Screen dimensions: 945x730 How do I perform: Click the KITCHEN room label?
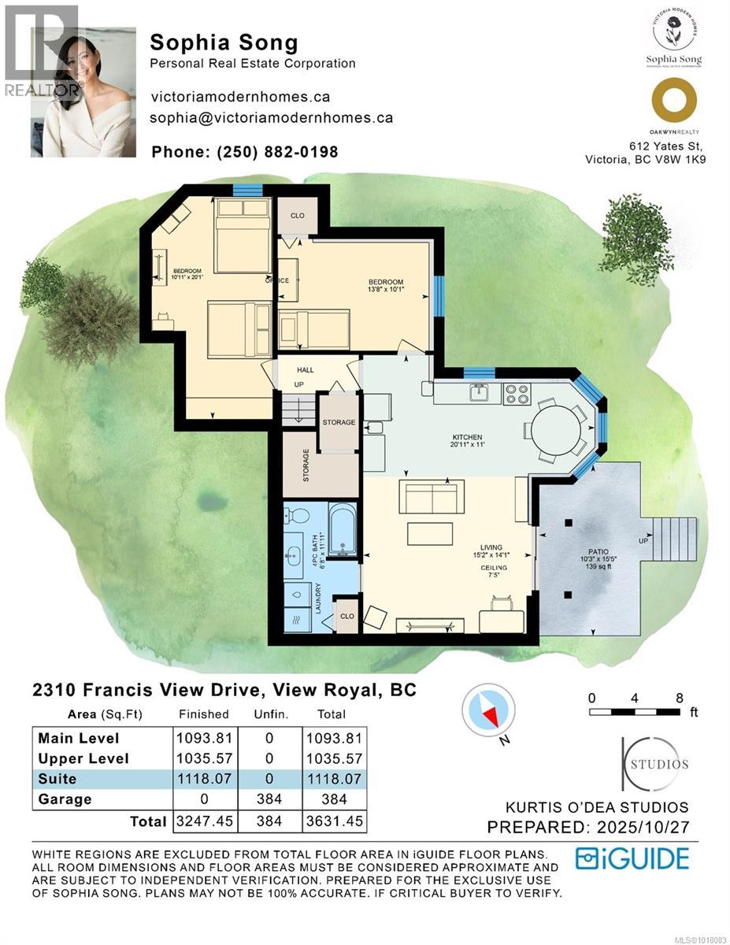point(466,437)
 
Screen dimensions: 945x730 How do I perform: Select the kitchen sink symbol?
point(478,391)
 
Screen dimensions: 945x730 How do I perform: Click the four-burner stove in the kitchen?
point(517,392)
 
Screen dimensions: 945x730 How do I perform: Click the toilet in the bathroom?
point(296,517)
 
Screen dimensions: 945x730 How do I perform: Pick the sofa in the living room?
point(430,497)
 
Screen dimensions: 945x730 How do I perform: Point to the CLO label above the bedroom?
point(297,215)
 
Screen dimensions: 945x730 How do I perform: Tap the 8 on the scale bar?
point(679,697)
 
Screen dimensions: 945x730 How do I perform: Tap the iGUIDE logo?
point(632,858)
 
